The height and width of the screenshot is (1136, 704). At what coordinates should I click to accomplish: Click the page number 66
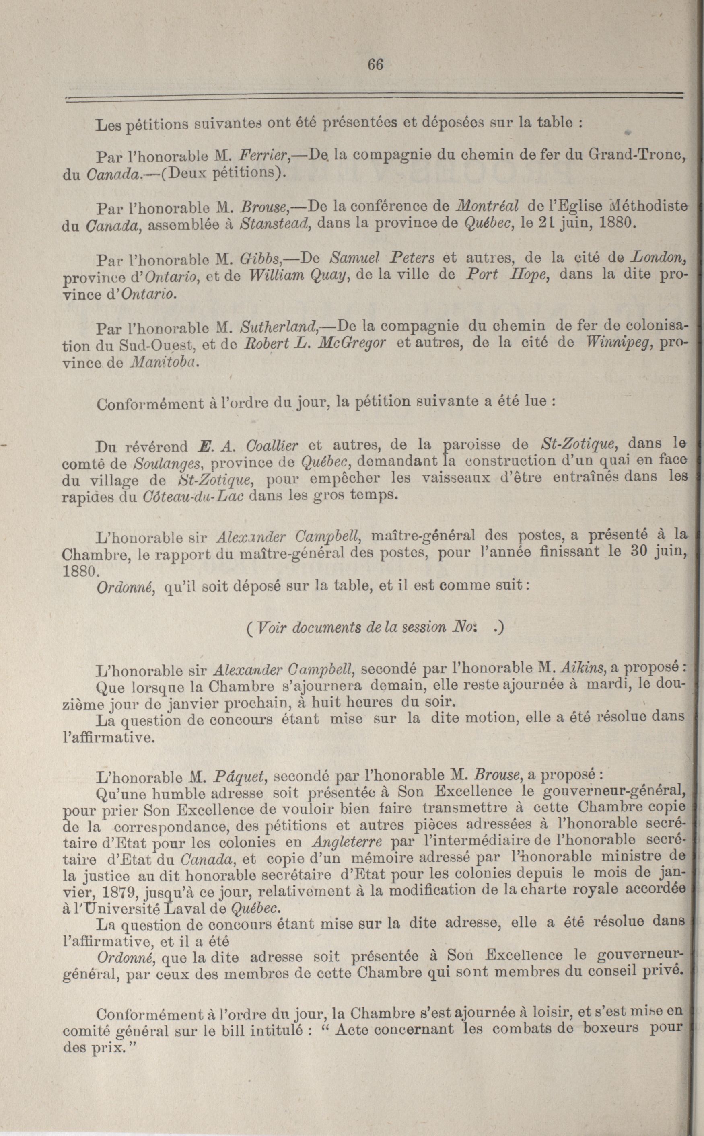pyautogui.click(x=375, y=64)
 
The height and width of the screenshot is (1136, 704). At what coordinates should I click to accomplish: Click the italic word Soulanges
pyautogui.click(x=169, y=463)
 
